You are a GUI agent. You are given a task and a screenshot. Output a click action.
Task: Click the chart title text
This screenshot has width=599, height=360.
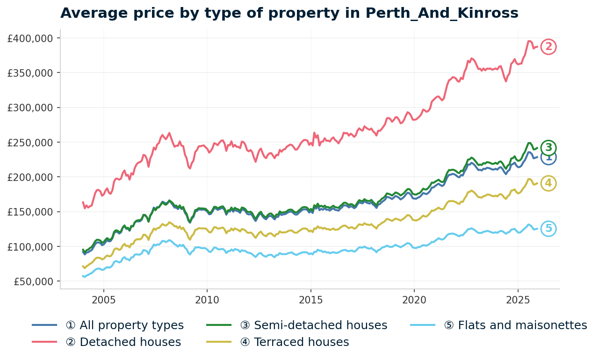(x=289, y=13)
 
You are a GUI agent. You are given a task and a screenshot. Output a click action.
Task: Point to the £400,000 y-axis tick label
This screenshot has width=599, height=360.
(x=30, y=38)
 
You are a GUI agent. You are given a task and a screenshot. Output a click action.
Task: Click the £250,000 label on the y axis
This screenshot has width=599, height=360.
(x=30, y=142)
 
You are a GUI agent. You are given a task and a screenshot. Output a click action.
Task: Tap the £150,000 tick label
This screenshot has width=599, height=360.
(x=30, y=212)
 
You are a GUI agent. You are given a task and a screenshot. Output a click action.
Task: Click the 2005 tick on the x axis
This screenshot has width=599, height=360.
(x=103, y=299)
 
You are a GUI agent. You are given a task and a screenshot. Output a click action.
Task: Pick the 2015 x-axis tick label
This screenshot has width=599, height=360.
(x=310, y=299)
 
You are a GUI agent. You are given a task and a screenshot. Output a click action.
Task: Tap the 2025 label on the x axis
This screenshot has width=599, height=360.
(x=518, y=299)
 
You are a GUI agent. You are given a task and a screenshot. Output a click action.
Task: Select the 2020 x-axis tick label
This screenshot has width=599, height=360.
(x=414, y=299)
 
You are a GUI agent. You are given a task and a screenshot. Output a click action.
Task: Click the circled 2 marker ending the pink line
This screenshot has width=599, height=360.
(x=548, y=47)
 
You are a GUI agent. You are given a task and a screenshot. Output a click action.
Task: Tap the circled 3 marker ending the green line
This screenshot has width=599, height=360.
(x=548, y=148)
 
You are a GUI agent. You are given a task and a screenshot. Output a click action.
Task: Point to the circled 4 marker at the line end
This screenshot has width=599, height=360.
(x=548, y=183)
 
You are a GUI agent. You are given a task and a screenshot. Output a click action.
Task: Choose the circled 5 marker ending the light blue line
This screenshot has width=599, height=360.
(x=548, y=229)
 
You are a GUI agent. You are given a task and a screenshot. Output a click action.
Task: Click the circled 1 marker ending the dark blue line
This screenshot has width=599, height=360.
(x=548, y=158)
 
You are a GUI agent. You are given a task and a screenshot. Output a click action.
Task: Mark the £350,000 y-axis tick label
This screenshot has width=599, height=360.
(x=30, y=72)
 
